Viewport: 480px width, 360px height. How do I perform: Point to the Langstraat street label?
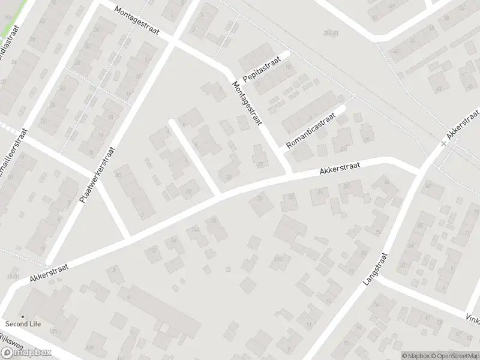click(376, 269)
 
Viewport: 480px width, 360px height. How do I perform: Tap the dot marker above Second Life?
click(23, 317)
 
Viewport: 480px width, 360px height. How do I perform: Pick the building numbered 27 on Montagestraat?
click(260, 164)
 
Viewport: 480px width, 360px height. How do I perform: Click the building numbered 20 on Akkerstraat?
click(260, 198)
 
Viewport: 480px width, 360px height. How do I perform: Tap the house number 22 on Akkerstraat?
click(292, 196)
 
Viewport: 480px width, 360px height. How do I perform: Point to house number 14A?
click(196, 229)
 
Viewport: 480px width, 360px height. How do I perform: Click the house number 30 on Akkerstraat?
click(386, 182)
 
